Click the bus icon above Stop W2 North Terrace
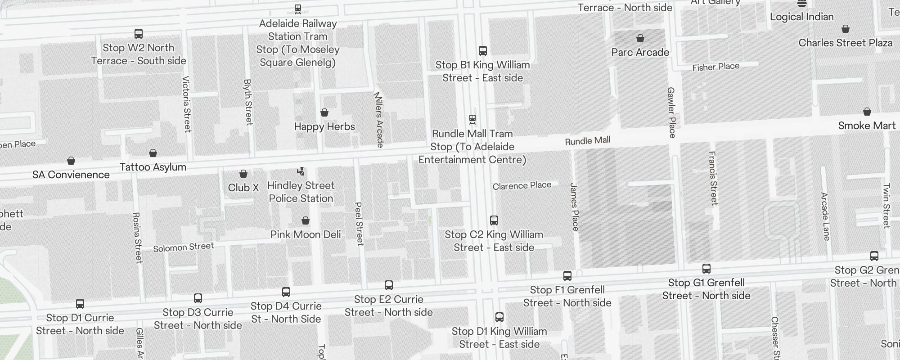[x=139, y=34]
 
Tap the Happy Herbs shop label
[x=324, y=126]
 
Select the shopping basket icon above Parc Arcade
[x=640, y=38]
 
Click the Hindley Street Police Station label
[x=301, y=192]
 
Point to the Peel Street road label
[x=359, y=224]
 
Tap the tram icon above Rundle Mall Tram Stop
[x=472, y=119]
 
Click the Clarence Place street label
[x=522, y=185]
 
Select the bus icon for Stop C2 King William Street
[x=494, y=220]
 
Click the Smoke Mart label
[x=866, y=126]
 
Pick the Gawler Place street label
[x=671, y=112]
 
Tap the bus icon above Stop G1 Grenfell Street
[x=706, y=269]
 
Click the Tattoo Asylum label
[x=153, y=167]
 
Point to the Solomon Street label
[x=183, y=247]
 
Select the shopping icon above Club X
[x=243, y=174]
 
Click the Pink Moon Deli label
[x=305, y=234]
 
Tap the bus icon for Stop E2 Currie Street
[x=388, y=285]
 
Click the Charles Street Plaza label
[x=845, y=43]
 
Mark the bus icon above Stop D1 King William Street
[x=499, y=317]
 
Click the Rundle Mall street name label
[x=587, y=141]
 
